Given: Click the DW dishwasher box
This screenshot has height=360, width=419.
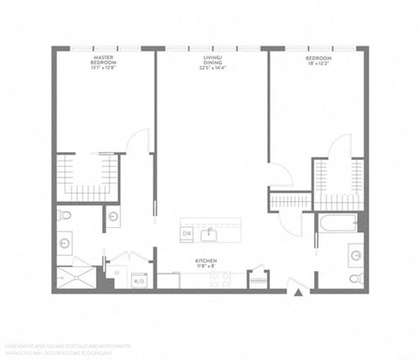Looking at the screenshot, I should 187,234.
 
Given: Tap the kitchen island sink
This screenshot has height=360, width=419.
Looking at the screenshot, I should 209,234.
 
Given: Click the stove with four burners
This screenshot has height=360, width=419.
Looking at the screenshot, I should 218,280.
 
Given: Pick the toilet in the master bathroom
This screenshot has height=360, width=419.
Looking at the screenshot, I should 65,215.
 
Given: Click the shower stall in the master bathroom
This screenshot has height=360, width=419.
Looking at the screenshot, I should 76,275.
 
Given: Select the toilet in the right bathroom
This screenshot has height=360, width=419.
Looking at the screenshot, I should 355,279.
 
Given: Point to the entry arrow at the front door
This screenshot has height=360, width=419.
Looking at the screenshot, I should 299,293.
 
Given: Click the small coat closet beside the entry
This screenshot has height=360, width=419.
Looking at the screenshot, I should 258,280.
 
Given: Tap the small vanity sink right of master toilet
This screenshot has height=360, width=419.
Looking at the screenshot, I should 114,216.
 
